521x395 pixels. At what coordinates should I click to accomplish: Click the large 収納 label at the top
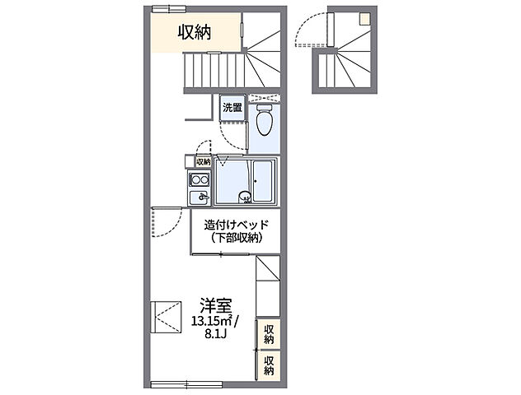pyautogui.click(x=195, y=32)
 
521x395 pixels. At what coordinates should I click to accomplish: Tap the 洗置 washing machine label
pyautogui.click(x=232, y=108)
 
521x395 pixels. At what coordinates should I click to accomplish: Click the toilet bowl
pyautogui.click(x=265, y=121)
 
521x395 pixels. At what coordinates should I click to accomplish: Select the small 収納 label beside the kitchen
pyautogui.click(x=203, y=162)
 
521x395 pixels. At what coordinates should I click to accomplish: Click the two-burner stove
pyautogui.click(x=199, y=181)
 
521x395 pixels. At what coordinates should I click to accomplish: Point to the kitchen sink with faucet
pyautogui.click(x=199, y=197)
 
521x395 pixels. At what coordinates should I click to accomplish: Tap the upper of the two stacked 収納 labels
pyautogui.click(x=269, y=333)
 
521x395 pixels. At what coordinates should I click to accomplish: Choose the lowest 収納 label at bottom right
pyautogui.click(x=269, y=365)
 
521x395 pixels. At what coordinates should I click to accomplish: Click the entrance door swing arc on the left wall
pyautogui.click(x=168, y=223)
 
